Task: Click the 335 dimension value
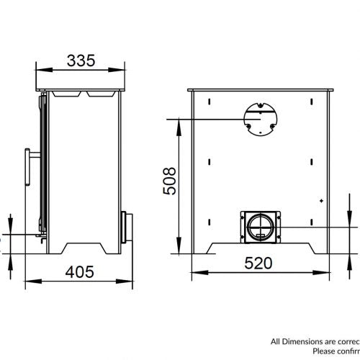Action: (81, 61)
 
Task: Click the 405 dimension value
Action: (81, 271)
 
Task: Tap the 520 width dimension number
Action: (258, 263)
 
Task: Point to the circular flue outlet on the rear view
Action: (258, 117)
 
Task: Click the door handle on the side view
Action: (30, 168)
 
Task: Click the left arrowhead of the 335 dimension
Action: (40, 71)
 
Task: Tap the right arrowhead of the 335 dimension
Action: (120, 71)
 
